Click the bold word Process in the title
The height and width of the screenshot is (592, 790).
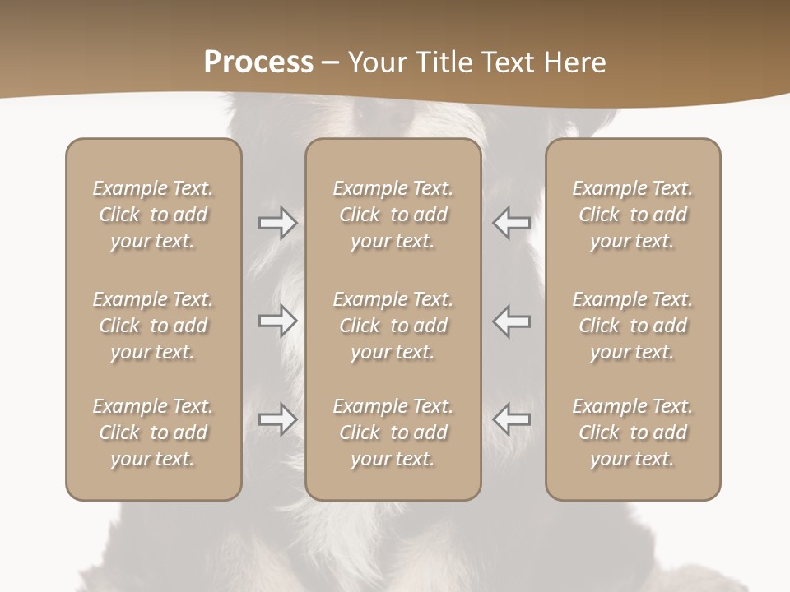coord(258,62)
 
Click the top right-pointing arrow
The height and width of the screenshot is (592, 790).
coord(278,223)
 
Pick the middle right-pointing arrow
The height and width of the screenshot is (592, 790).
coord(278,321)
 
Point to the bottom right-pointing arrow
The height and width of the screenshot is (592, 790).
coord(278,419)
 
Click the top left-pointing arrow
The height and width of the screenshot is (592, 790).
coord(511,223)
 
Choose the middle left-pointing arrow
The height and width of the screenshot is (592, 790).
coord(511,321)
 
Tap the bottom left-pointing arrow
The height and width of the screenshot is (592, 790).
coord(511,419)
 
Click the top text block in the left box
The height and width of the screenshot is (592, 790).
coord(153,215)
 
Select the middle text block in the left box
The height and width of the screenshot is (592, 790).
coord(153,326)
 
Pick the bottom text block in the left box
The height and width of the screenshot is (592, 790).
coord(153,432)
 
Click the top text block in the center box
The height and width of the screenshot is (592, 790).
coord(393,215)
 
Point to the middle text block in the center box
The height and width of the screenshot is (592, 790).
coord(393,326)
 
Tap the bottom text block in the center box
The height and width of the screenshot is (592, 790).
coord(393,432)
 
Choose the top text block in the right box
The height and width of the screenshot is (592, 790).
coord(633,215)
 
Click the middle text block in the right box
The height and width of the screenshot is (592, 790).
coord(633,326)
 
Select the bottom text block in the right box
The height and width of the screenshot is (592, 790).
coord(633,432)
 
